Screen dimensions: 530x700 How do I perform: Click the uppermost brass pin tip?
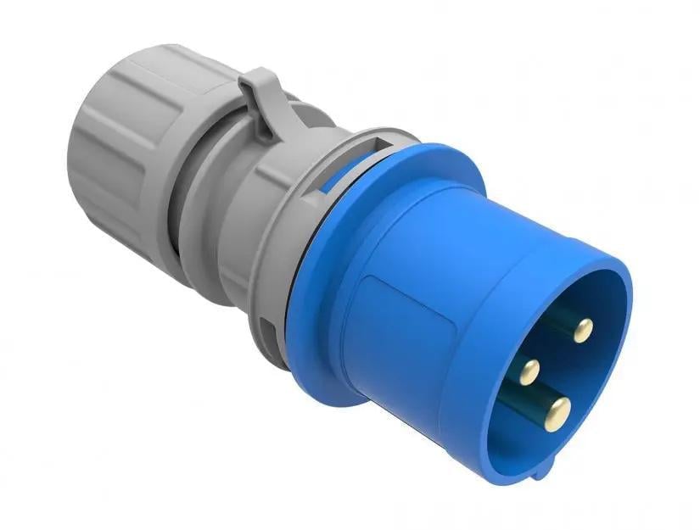click(x=582, y=331)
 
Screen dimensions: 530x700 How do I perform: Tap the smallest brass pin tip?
click(x=530, y=369)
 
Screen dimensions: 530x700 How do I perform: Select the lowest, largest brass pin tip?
click(x=557, y=413)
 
